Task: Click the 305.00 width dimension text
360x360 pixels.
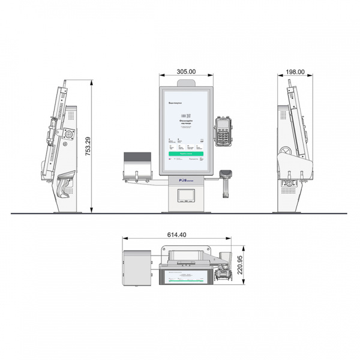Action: [x=186, y=71]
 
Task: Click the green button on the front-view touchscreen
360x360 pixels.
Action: [x=185, y=153]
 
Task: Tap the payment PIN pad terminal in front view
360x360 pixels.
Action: [x=223, y=130]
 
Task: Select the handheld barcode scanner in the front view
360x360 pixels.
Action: [x=226, y=180]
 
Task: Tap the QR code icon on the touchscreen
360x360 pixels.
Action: [x=186, y=114]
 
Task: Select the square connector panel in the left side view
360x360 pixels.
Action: [x=68, y=134]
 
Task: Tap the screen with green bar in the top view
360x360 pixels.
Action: [x=186, y=277]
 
